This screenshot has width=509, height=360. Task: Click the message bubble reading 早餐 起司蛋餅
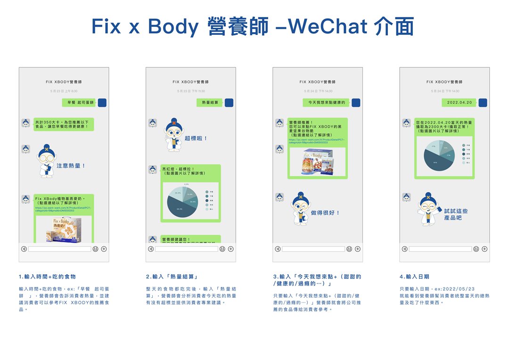pyautogui.click(x=79, y=102)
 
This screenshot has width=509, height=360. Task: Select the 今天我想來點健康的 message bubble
pyautogui.click(x=326, y=102)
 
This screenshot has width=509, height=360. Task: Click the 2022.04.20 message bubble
pyautogui.click(x=459, y=102)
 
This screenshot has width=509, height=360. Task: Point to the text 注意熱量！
pyautogui.click(x=71, y=166)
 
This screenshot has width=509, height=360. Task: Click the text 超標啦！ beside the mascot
pyautogui.click(x=196, y=139)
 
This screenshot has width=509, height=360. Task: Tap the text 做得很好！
pyautogui.click(x=325, y=213)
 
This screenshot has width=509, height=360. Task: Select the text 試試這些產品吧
pyautogui.click(x=456, y=214)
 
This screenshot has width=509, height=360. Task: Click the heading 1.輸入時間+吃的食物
pyautogui.click(x=47, y=277)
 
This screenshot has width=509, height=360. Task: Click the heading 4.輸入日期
pyautogui.click(x=414, y=277)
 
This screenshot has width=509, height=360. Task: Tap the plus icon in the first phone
pyautogui.click(x=104, y=249)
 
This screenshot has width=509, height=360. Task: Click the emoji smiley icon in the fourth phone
pyautogui.click(x=476, y=249)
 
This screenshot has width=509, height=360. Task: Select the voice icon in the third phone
pyautogui.click(x=278, y=249)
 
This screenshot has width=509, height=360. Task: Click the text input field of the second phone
pyautogui.click(x=186, y=249)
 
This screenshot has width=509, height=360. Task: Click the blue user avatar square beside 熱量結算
pyautogui.click(x=229, y=102)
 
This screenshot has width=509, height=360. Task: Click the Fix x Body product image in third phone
pyautogui.click(x=317, y=162)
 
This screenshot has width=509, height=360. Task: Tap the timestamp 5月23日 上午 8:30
pyautogui.click(x=64, y=91)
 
